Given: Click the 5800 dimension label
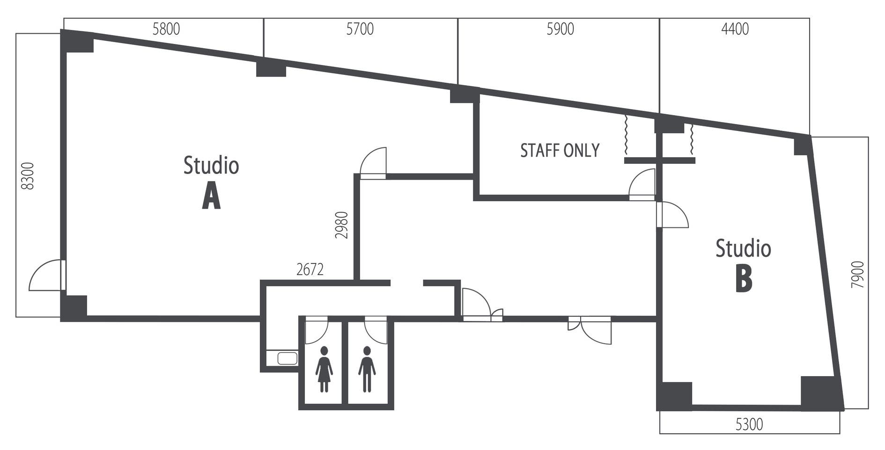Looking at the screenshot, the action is (x=166, y=29).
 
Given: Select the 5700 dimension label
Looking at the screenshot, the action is (x=360, y=29).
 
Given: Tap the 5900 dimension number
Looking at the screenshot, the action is (x=560, y=29).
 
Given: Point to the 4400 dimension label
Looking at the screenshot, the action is (x=735, y=29).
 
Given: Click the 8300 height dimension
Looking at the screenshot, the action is (x=28, y=176).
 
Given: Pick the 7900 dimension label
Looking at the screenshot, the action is (x=858, y=275).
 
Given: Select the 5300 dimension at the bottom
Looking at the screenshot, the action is (x=749, y=424).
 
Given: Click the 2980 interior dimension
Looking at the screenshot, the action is (x=342, y=225).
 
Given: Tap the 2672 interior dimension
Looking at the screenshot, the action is (x=310, y=269).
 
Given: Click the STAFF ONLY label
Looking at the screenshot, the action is (x=560, y=150).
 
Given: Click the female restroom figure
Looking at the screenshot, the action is (x=324, y=370).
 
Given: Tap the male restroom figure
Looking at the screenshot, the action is (x=367, y=370).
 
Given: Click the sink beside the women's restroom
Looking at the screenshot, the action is (x=287, y=358).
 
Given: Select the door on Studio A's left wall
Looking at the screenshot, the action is (x=47, y=275).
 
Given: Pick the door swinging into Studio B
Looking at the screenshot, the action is (x=672, y=215).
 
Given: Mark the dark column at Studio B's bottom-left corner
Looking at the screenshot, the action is (x=675, y=396).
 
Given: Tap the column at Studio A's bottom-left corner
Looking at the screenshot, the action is (x=74, y=308).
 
